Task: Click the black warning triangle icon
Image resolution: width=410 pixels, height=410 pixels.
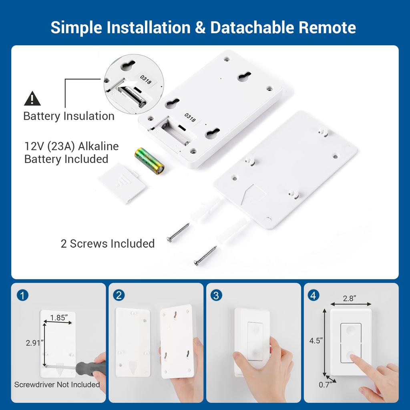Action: [x=32, y=98]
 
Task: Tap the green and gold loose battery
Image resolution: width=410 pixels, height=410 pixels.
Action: [x=149, y=161]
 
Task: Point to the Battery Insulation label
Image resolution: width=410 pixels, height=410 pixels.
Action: [x=68, y=116]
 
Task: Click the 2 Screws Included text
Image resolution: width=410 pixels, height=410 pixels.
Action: [x=107, y=243]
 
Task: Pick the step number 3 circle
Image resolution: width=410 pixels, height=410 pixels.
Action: [x=216, y=295]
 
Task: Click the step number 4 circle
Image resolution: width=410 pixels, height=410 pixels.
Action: [x=314, y=295]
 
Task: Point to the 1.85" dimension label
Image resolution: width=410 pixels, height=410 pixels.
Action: [x=58, y=318]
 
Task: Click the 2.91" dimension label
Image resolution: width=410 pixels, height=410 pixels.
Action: [x=34, y=342]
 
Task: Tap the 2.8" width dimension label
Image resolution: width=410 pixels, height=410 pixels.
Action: [x=350, y=299]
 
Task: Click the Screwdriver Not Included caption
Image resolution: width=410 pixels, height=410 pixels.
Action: [x=57, y=385]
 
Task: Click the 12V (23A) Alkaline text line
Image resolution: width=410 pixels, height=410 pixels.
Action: [x=71, y=146]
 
